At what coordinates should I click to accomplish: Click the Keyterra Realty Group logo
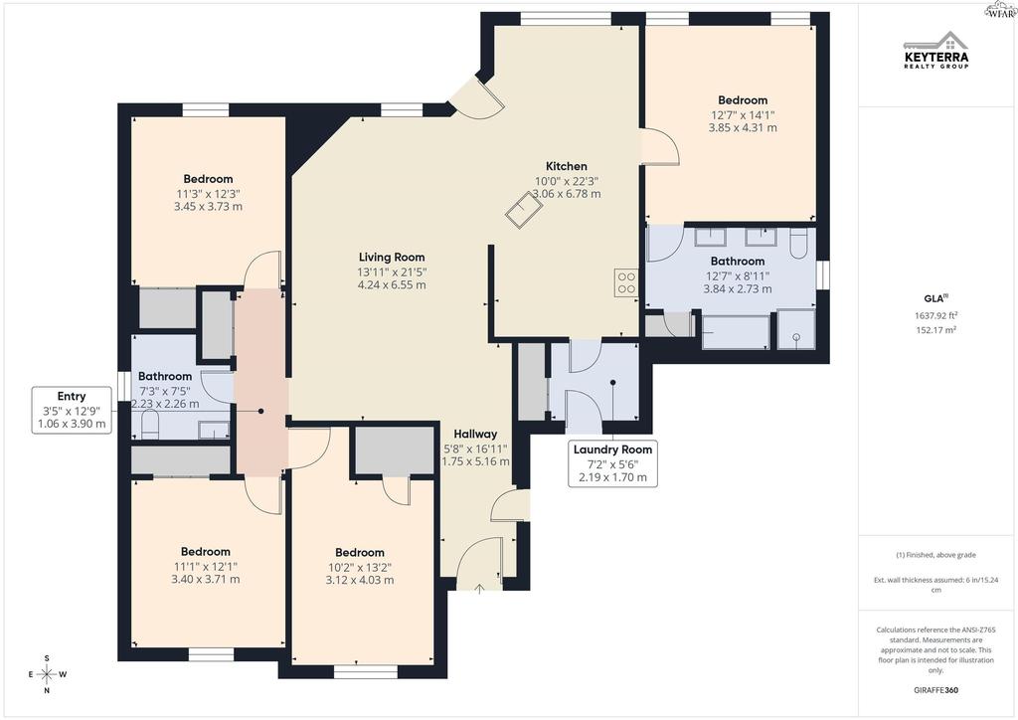click(x=936, y=50)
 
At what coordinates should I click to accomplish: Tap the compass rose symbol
click(x=47, y=674)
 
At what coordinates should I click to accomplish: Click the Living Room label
click(x=392, y=258)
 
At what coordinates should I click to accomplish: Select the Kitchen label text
click(x=566, y=166)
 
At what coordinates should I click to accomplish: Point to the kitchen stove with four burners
click(x=626, y=282)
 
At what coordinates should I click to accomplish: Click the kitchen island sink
click(x=523, y=209)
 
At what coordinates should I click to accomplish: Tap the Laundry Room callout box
click(x=612, y=463)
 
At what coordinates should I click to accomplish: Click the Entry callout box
click(x=72, y=410)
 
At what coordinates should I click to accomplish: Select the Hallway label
click(x=475, y=434)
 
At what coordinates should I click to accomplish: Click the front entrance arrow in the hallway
click(x=479, y=590)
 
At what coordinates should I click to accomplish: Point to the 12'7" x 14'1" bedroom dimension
click(x=743, y=115)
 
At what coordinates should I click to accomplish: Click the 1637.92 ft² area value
click(x=936, y=315)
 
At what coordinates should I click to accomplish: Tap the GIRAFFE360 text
click(x=935, y=690)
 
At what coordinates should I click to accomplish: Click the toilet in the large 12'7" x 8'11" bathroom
click(x=798, y=243)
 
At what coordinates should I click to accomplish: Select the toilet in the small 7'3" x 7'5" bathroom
click(x=150, y=426)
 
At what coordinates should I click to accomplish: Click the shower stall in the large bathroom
click(x=796, y=329)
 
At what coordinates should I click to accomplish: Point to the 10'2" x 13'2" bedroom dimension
click(x=360, y=567)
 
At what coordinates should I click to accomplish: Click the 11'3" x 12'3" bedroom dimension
click(x=209, y=194)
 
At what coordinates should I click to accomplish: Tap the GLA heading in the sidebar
click(x=935, y=298)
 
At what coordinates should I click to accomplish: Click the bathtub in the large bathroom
click(x=737, y=331)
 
